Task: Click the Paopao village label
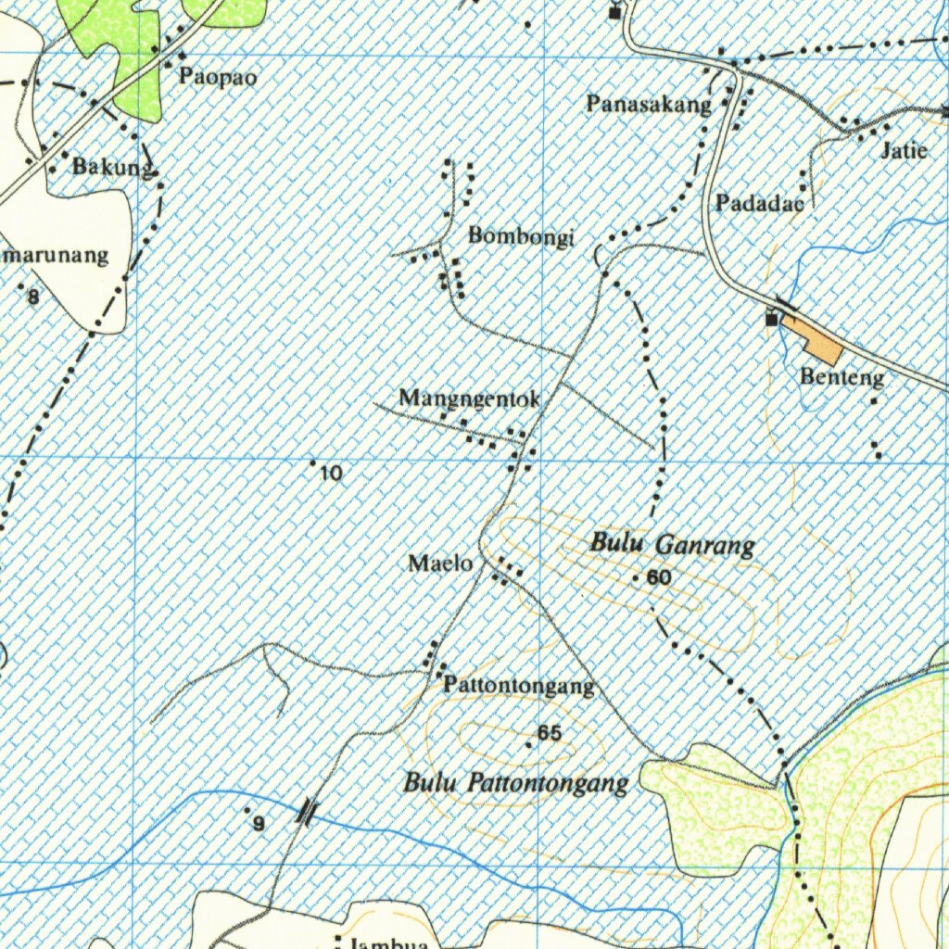[x=218, y=77]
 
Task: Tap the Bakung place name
[x=111, y=168]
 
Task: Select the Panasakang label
[x=649, y=104]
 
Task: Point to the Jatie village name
[x=904, y=150]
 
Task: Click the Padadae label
[x=759, y=204]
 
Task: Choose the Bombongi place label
[x=521, y=236]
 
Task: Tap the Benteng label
[x=841, y=377]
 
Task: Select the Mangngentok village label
[x=469, y=399]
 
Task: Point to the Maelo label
[x=440, y=563]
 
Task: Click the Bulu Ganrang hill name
[x=672, y=544]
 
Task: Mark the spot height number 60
[x=659, y=578]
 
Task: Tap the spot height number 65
[x=550, y=733]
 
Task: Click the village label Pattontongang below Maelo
[x=519, y=687]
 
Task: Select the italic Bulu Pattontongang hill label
[x=516, y=784]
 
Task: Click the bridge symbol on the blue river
[x=307, y=812]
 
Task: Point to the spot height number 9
[x=259, y=824]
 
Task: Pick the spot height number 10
[x=331, y=474]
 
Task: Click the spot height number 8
[x=33, y=297]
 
